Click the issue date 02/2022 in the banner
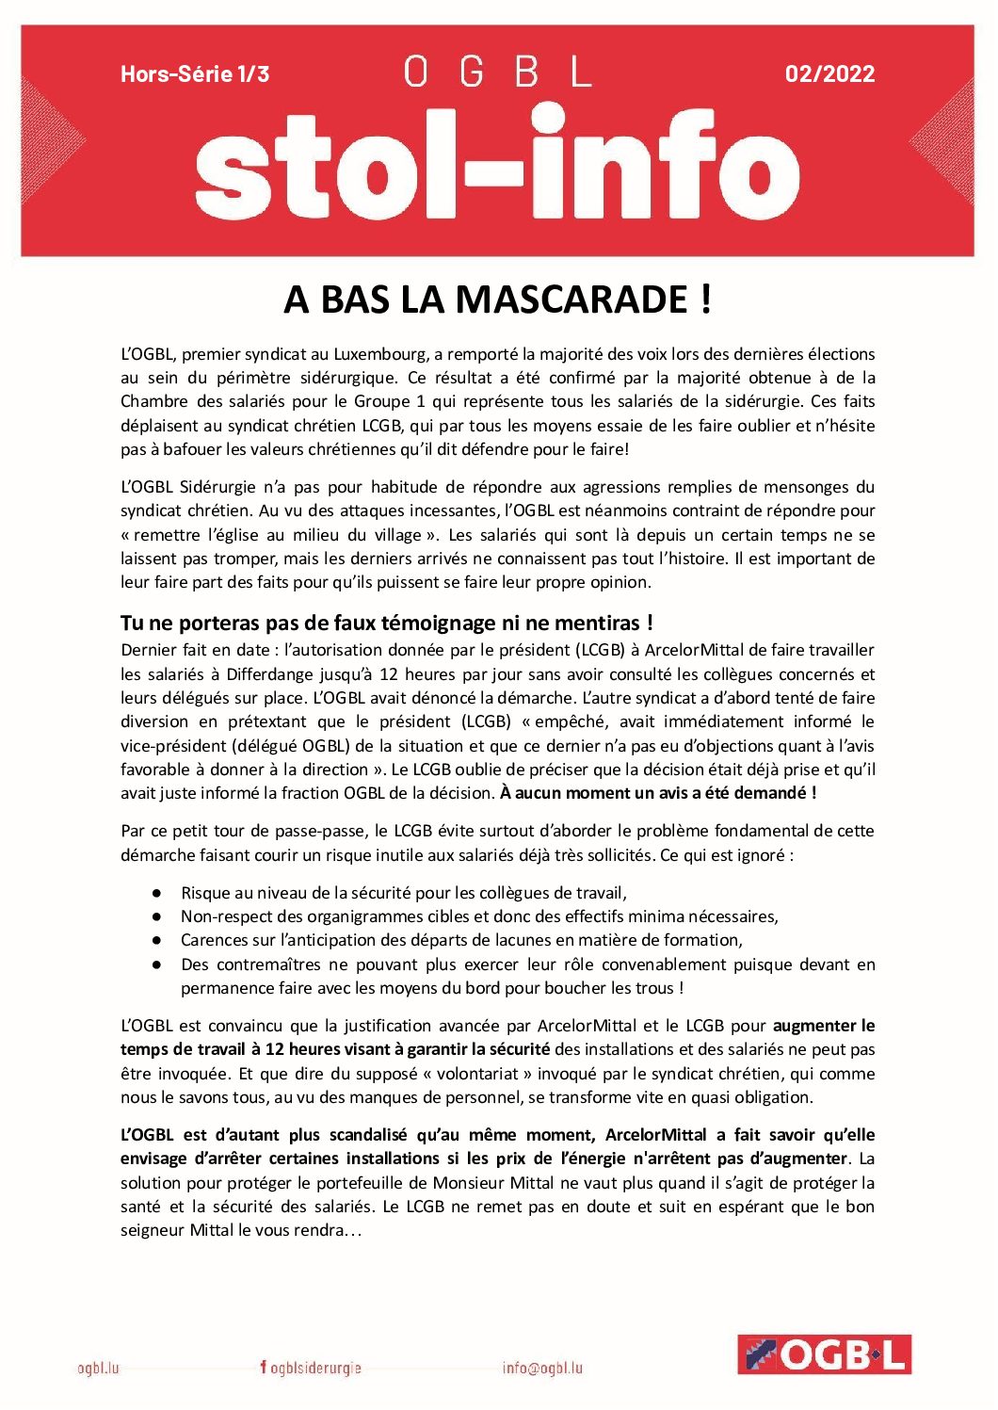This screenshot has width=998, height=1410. (x=829, y=73)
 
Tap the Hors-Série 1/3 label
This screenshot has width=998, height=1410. (x=195, y=73)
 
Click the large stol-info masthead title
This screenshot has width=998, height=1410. (x=497, y=168)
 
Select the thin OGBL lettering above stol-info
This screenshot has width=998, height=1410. (x=497, y=72)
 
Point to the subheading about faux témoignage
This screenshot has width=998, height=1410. (x=386, y=623)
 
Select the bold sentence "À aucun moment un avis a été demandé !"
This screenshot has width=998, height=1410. (x=658, y=793)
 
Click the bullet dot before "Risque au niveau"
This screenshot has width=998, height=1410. (x=157, y=893)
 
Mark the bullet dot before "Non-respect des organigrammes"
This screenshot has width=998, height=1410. (x=157, y=916)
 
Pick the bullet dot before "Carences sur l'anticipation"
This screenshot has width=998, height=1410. (x=157, y=940)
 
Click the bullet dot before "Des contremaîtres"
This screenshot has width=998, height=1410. (x=157, y=964)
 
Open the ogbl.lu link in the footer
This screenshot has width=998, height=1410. (x=98, y=1368)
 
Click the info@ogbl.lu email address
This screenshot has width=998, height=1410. (x=542, y=1368)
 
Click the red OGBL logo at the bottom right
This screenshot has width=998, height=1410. (x=824, y=1354)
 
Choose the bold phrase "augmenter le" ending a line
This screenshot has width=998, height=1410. (x=824, y=1026)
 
